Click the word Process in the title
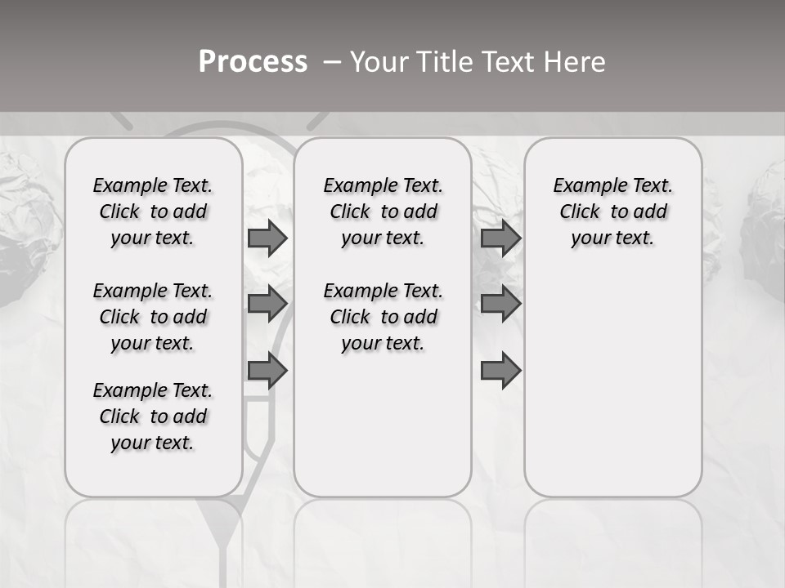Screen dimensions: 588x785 [x=253, y=62]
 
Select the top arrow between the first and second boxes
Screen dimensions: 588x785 [x=267, y=238]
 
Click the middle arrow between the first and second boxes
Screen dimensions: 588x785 [x=267, y=304]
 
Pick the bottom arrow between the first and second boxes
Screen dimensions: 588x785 [x=267, y=371]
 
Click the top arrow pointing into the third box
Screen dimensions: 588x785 [x=500, y=238]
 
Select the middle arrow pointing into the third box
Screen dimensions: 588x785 [x=500, y=304]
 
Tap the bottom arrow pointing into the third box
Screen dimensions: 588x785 [x=500, y=371]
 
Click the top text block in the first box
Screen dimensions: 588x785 [x=153, y=212]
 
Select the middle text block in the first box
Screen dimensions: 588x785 [x=153, y=317]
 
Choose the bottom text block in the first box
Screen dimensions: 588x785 [x=153, y=416]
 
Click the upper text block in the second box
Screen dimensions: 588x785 [x=383, y=212]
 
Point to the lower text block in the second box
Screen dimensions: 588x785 [x=383, y=317]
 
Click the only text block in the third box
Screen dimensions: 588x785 [x=612, y=212]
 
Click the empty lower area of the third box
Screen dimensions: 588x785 [x=612, y=384]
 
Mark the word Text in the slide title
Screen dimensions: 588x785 [x=509, y=62]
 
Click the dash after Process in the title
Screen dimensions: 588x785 [x=332, y=62]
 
